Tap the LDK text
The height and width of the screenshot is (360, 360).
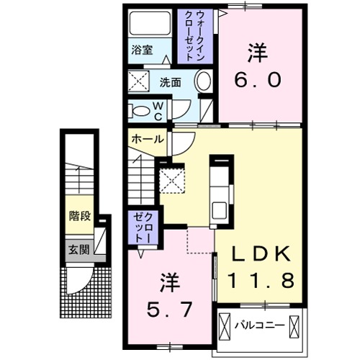click(261, 254)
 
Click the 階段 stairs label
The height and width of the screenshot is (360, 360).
click(80, 215)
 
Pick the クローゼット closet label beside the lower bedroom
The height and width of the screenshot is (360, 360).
click(140, 226)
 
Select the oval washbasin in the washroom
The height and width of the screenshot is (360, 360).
click(204, 80)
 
